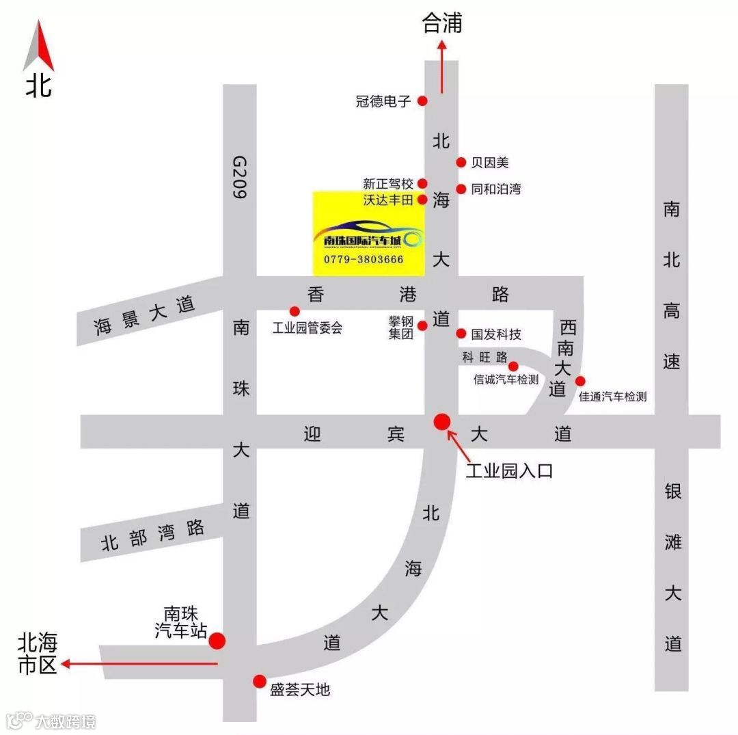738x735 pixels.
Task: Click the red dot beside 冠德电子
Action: point(422,101)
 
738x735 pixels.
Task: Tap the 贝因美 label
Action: point(490,163)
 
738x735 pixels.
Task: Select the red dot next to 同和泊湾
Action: point(461,189)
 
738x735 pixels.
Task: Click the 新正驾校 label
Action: point(388,184)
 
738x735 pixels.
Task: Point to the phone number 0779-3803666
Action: point(364,260)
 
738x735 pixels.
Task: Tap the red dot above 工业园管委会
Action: point(295,311)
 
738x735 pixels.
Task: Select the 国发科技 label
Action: point(496,334)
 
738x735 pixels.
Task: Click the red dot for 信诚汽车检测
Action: point(513,366)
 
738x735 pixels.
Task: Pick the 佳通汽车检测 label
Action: point(612,397)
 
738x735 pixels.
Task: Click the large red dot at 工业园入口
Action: point(442,421)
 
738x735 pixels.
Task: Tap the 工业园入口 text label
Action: point(509,471)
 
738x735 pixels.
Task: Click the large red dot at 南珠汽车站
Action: point(217,641)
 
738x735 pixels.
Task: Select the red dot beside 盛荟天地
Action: point(259,681)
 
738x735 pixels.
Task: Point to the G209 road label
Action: point(239,176)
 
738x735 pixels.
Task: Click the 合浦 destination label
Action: point(442,24)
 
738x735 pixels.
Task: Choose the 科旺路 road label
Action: point(484,357)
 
